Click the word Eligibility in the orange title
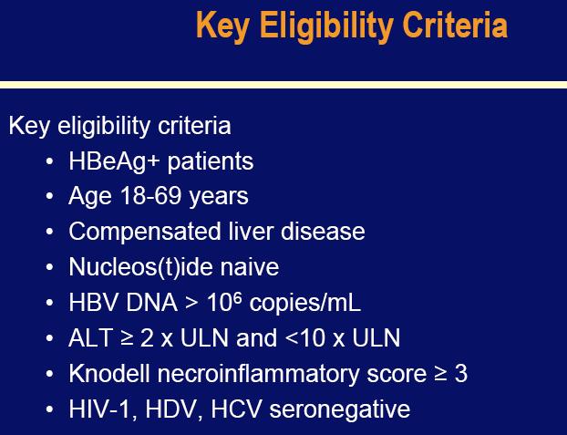tap(326, 26)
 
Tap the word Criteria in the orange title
tap(455, 25)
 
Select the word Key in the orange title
tap(222, 26)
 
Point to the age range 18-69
tap(150, 195)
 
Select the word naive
tap(250, 267)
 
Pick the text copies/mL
tap(304, 303)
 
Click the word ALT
tap(90, 338)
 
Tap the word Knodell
tap(109, 374)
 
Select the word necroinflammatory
tap(258, 374)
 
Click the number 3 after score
tap(461, 374)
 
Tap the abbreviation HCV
tap(236, 409)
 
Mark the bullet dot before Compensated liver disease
tap(49, 232)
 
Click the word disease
tap(323, 232)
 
